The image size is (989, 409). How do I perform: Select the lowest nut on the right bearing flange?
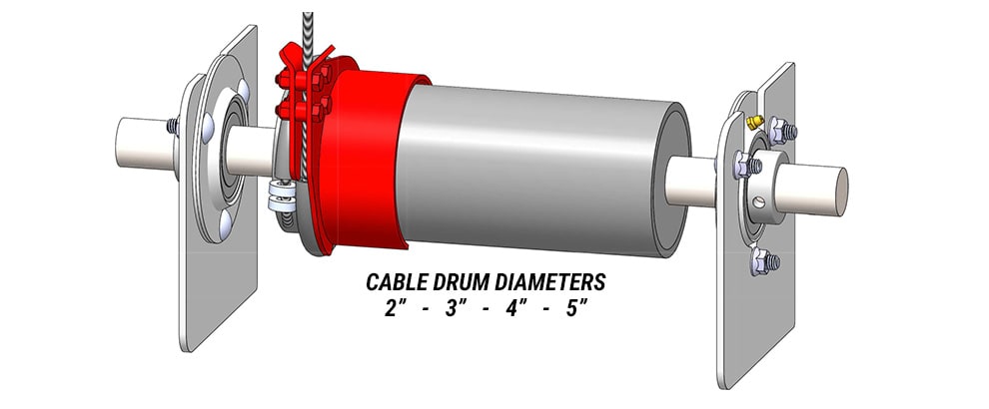click(759, 260)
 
